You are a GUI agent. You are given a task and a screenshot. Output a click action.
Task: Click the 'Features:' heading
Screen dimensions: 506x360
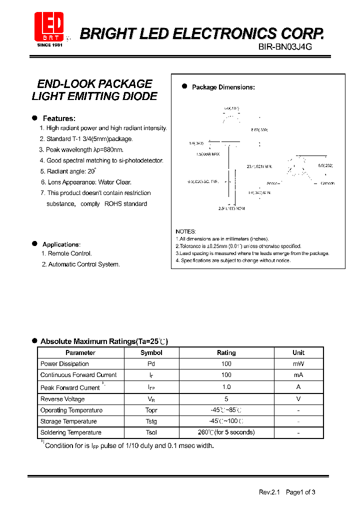coord(59,118)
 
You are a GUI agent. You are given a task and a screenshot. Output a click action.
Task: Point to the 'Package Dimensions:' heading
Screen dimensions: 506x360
coord(223,87)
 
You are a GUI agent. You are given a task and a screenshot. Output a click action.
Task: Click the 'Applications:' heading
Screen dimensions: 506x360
coord(61,244)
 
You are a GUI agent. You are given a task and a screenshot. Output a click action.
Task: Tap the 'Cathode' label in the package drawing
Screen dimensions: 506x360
coord(327,183)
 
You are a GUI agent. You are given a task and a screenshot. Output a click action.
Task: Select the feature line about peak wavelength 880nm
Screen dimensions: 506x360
coord(81,149)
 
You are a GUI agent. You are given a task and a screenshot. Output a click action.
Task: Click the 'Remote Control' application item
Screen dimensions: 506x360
coord(66,253)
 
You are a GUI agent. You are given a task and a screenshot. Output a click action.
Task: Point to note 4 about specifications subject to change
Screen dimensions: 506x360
coord(232,260)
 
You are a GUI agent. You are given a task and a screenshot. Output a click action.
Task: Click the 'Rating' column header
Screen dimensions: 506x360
coord(226,352)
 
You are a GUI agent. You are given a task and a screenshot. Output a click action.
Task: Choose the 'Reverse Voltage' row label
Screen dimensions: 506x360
coord(62,399)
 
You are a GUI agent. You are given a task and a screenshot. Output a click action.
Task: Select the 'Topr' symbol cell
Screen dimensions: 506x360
coord(151,410)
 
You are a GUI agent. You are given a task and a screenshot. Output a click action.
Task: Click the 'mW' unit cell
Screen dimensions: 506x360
coord(298,364)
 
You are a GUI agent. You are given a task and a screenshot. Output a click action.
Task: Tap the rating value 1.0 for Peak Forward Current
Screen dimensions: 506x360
coord(226,387)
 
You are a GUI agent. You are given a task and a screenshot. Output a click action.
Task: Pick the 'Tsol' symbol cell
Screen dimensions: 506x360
coord(151,432)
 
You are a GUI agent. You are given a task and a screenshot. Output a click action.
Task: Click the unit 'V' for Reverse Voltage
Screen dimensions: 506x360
coord(298,399)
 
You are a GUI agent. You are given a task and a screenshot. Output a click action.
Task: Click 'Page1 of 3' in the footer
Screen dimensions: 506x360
coord(300,492)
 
